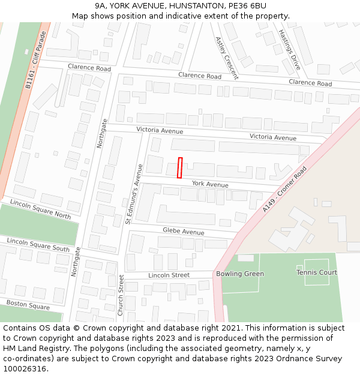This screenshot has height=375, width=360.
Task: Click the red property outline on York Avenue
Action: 179,167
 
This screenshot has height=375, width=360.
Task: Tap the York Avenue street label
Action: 210,184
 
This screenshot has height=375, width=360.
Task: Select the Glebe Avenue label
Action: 184,232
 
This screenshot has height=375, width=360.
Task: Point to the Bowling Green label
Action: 239,274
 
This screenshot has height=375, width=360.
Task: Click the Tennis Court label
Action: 317,272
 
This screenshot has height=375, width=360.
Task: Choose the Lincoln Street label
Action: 169,275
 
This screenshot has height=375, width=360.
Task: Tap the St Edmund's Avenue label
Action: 133,194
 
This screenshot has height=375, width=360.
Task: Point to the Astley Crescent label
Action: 227,58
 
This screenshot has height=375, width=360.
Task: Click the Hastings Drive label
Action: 289,49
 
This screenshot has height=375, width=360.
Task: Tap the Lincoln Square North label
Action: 40,209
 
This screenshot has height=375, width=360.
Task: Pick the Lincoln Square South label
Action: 38,244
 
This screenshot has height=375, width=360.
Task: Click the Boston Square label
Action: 28,305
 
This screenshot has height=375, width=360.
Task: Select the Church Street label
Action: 121,295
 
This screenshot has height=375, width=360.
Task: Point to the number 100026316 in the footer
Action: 25,368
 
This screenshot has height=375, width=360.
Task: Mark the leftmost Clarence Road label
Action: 89,68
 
